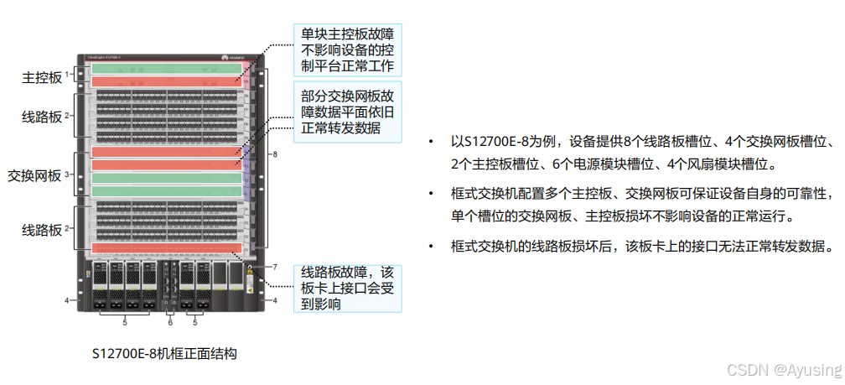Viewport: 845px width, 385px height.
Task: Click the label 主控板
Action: (x=42, y=77)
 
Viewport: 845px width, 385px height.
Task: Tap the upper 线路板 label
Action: (x=42, y=117)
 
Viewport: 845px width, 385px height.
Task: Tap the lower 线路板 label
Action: (x=42, y=228)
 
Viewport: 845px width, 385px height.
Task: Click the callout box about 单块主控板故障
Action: (x=347, y=49)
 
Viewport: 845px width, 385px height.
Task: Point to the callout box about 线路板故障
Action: (x=347, y=288)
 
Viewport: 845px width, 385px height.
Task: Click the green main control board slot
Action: (x=166, y=69)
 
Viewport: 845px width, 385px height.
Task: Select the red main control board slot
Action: (x=166, y=81)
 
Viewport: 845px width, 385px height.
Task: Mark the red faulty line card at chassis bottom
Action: (x=166, y=248)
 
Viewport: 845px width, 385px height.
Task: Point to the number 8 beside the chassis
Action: (x=274, y=155)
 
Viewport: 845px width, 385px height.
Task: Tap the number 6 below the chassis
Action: (x=169, y=322)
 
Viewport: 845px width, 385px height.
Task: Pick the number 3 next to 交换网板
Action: (x=66, y=174)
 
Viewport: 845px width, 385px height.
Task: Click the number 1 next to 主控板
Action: (x=66, y=74)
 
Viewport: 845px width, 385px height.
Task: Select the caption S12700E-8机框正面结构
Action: (x=164, y=354)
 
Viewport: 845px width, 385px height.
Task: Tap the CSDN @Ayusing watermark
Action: (x=783, y=370)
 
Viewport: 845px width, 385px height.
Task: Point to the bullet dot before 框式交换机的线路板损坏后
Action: (x=432, y=246)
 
